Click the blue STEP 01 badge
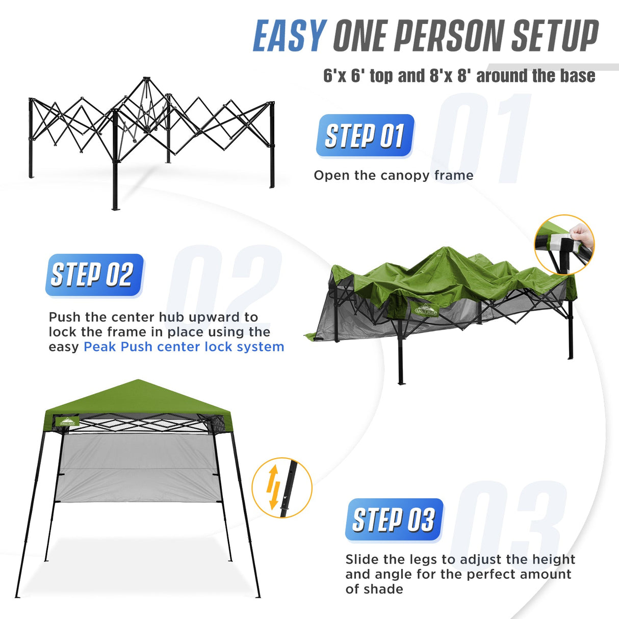click(x=365, y=136)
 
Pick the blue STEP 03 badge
click(x=393, y=520)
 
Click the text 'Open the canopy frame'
click(x=393, y=175)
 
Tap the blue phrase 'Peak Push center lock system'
click(x=184, y=347)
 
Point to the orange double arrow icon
click(x=274, y=487)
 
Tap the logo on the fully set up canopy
click(x=68, y=422)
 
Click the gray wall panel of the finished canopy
click(x=135, y=467)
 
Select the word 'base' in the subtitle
click(x=578, y=76)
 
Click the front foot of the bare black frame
click(x=115, y=207)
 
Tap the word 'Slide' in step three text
click(x=362, y=559)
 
